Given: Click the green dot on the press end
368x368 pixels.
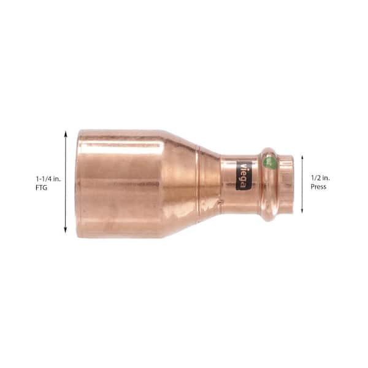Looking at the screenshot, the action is tap(269, 162).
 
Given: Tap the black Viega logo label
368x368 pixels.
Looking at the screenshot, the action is tap(243, 175).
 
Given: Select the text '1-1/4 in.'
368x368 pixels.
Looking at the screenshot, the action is tap(48, 179).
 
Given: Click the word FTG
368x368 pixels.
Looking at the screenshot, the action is tap(41, 188).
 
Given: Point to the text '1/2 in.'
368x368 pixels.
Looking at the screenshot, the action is tap(320, 178).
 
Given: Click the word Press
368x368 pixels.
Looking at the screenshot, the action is tap(318, 187).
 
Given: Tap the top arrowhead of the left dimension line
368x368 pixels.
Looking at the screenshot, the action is tap(66, 134).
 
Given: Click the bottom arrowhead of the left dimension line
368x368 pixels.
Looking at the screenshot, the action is tap(66, 231).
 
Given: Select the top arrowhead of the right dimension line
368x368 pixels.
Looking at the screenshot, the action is tap(302, 158).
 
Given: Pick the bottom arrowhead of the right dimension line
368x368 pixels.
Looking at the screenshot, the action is tap(302, 211).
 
